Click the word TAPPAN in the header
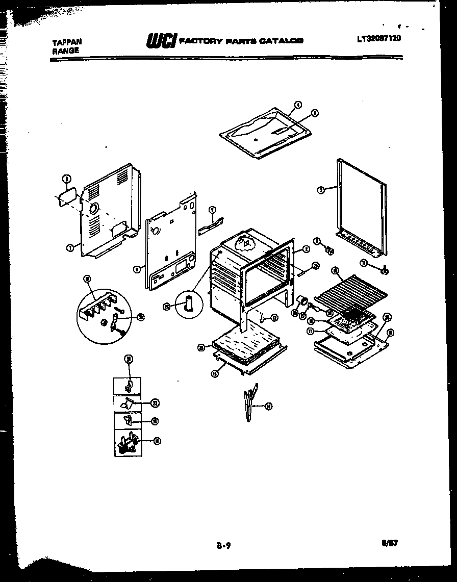click(66, 43)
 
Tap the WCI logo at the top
click(162, 40)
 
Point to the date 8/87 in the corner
click(389, 543)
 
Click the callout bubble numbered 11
click(363, 262)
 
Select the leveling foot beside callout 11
click(385, 268)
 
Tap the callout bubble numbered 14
click(269, 406)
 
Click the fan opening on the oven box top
click(245, 243)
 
